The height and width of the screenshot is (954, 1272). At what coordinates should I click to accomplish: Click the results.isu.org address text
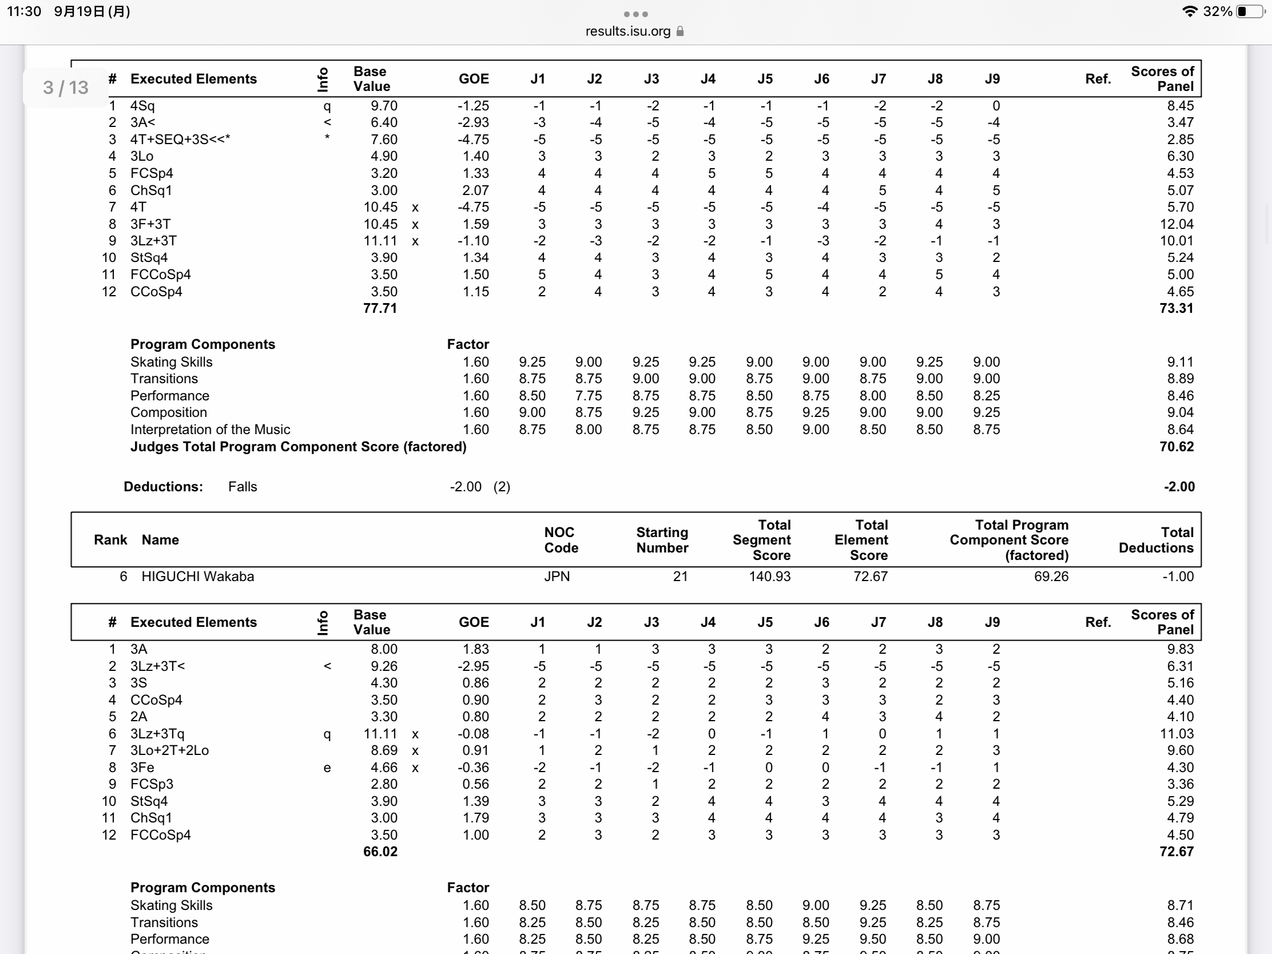627,31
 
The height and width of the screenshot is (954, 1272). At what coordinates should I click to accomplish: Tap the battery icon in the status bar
1250,11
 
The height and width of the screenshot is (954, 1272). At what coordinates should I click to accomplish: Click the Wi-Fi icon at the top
1189,11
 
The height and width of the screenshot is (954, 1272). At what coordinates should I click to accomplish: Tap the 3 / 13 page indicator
66,88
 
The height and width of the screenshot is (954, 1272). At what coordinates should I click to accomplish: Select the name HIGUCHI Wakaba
197,576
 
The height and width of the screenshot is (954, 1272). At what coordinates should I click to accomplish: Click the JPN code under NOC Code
556,576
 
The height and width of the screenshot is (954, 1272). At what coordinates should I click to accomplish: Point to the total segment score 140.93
769,576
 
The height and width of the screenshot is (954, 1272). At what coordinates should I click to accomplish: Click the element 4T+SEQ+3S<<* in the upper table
180,140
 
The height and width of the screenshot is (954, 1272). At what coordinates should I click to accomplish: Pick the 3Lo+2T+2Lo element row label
170,750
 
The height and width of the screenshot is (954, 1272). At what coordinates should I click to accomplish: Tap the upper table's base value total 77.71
380,308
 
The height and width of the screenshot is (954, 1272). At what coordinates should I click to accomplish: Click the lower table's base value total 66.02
380,852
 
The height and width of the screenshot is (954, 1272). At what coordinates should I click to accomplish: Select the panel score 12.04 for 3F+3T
1176,224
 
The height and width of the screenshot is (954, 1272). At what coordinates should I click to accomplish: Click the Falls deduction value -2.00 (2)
480,487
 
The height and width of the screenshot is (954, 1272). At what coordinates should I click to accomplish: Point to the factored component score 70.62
1176,447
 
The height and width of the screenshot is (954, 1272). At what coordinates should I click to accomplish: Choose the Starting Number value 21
680,576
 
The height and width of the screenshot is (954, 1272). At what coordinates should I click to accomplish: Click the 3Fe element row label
142,768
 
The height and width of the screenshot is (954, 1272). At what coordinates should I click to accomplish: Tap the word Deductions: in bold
164,487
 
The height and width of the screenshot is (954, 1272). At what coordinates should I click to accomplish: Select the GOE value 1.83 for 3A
475,649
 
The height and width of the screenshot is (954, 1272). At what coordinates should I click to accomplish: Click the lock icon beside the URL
680,31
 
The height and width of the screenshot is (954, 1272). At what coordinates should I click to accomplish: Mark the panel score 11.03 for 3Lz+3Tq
1176,734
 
